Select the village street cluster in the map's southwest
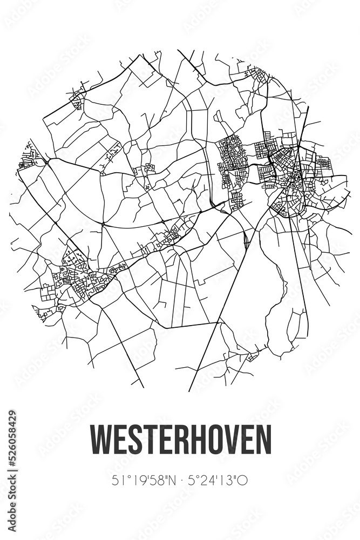(x=76, y=278)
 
